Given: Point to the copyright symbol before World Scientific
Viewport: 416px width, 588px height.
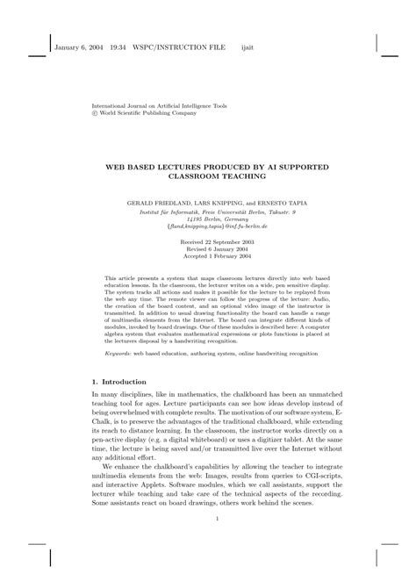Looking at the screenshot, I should [96, 112].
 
